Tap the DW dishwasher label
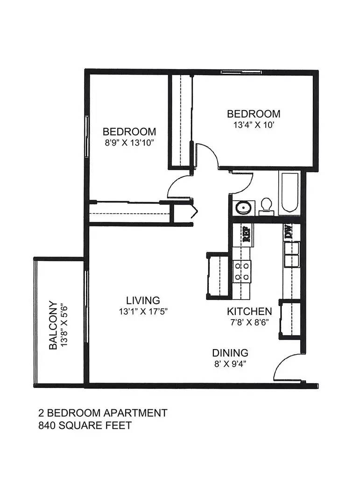pyautogui.click(x=288, y=231)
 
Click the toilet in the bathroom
pyautogui.click(x=266, y=207)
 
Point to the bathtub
pyautogui.click(x=290, y=192)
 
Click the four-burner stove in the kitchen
pyautogui.click(x=241, y=272)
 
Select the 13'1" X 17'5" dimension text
pyautogui.click(x=143, y=311)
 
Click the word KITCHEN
pyautogui.click(x=249, y=311)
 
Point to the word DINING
pyautogui.click(x=230, y=353)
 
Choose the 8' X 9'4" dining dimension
pyautogui.click(x=230, y=364)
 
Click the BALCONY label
pyautogui.click(x=53, y=325)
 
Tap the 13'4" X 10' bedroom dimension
pyautogui.click(x=254, y=125)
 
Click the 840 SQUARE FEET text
pyautogui.click(x=85, y=425)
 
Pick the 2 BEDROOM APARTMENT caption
pyautogui.click(x=103, y=413)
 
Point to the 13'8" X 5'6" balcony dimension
pyautogui.click(x=64, y=325)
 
